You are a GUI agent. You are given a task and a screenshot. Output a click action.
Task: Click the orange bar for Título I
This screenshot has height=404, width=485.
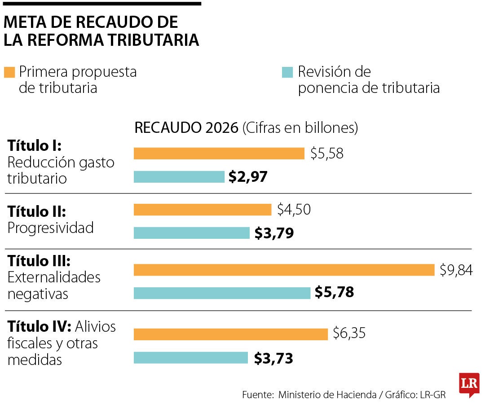click(x=219, y=154)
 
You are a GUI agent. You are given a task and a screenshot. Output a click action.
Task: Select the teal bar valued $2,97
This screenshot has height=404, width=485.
click(x=179, y=177)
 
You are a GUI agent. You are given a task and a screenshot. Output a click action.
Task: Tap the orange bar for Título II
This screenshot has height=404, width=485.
click(x=203, y=210)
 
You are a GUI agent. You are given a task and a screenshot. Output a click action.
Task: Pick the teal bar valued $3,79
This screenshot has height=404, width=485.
click(x=191, y=233)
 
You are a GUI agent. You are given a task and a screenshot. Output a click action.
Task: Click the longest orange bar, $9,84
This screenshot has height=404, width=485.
click(x=284, y=270)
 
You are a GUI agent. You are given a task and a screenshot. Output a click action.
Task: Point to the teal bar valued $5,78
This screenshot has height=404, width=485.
click(x=222, y=293)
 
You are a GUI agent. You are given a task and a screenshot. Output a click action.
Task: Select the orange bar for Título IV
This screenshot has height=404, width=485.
click(x=231, y=334)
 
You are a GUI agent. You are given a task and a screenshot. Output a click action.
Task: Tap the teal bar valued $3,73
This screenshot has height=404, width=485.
click(x=191, y=358)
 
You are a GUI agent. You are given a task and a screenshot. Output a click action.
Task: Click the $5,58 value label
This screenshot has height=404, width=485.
click(x=326, y=154)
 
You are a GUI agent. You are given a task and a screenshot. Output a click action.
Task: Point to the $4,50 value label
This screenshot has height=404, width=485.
click(x=294, y=210)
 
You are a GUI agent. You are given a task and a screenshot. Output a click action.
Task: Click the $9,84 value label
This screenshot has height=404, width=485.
click(x=456, y=270)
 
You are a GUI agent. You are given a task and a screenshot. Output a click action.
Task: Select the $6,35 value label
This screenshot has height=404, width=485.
click(x=349, y=334)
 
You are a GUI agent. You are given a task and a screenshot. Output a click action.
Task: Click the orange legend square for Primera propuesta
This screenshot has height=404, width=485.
click(x=9, y=72)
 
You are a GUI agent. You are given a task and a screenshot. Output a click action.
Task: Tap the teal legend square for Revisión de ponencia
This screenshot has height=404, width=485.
click(x=287, y=72)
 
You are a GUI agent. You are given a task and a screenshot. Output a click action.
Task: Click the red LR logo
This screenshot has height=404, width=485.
click(x=469, y=384)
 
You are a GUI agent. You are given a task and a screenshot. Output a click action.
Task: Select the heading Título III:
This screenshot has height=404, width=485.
click(x=39, y=261)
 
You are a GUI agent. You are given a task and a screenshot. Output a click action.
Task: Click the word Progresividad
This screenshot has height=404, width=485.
click(x=50, y=228)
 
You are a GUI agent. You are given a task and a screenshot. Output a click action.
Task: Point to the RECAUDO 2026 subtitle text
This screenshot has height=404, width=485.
click(x=186, y=128)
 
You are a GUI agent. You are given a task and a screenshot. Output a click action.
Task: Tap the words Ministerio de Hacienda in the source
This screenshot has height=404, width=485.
click(x=327, y=395)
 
